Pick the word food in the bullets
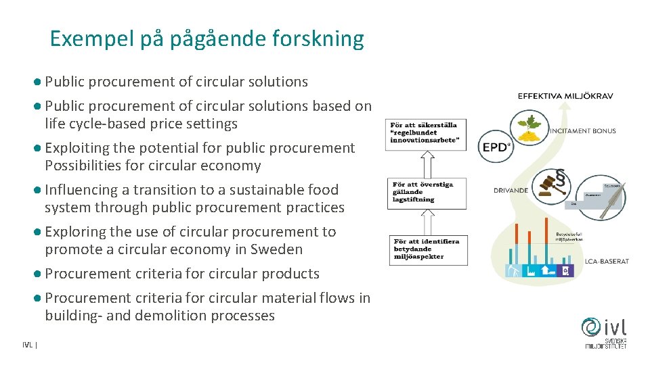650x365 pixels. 322,189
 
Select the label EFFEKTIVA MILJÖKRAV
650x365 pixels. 565,96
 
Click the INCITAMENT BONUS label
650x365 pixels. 583,130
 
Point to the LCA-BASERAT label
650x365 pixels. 607,261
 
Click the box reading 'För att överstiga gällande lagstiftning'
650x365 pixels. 427,192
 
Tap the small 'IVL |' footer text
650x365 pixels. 29,345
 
